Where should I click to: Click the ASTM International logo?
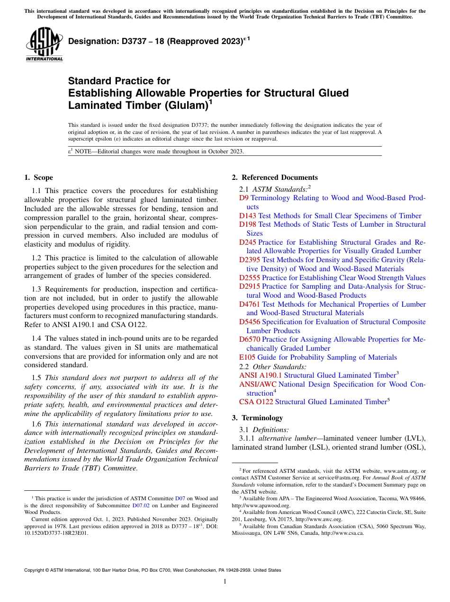(x=44, y=44)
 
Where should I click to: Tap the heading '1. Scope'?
(x=38, y=177)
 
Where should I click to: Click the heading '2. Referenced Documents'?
(x=274, y=177)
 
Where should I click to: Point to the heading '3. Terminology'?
(x=257, y=418)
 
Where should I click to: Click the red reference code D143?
(x=248, y=216)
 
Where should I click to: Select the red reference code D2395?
(x=250, y=260)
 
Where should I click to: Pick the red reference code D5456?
(x=250, y=322)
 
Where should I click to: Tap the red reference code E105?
(x=247, y=357)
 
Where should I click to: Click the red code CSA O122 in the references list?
(x=256, y=402)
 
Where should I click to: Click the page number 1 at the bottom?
(x=225, y=582)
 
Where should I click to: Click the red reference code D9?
(x=244, y=198)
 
